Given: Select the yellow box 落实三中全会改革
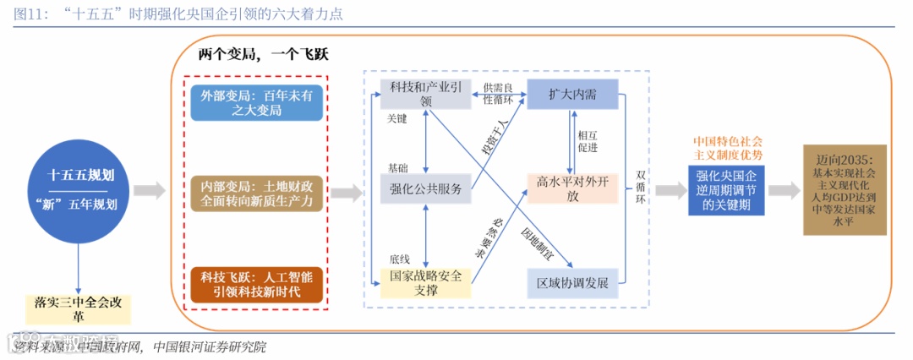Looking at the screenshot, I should click(78, 308).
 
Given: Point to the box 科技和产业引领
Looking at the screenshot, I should click(425, 94).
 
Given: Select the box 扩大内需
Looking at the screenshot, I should click(571, 93).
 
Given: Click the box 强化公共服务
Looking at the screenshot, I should click(425, 188).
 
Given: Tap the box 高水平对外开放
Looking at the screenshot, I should click(572, 188).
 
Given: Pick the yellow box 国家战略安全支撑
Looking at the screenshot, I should click(425, 283).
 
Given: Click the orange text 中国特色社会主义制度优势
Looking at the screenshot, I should click(727, 148).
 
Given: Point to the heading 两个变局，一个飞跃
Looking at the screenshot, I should click(263, 54).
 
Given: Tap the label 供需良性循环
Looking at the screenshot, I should click(498, 94).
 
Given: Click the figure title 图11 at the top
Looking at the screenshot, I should click(178, 14).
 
